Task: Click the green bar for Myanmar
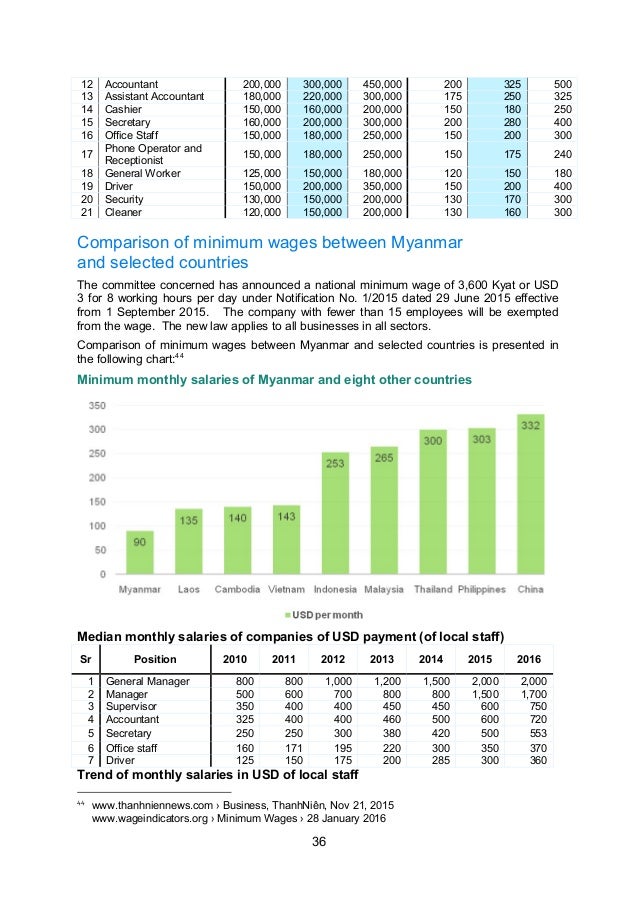tap(139, 552)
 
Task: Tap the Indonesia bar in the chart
tap(335, 513)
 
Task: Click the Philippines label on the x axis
tap(482, 589)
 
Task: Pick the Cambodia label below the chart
tap(237, 589)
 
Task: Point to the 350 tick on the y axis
tap(96, 405)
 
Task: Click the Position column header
tap(154, 659)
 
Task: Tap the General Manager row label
tap(148, 681)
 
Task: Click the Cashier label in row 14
tap(125, 108)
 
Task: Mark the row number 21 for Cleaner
tap(86, 212)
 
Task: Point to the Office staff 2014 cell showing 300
tap(431, 747)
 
